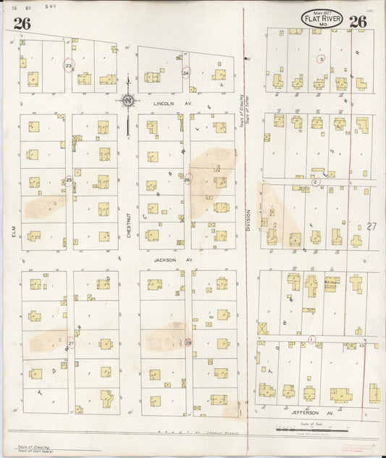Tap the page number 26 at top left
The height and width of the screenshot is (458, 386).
[22, 22]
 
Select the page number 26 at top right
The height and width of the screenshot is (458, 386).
[358, 22]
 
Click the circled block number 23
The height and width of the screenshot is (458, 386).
[68, 65]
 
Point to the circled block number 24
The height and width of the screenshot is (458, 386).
[186, 73]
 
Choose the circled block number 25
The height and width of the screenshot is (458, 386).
[69, 179]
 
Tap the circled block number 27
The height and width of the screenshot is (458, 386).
[70, 343]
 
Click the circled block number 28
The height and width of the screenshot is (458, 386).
[188, 343]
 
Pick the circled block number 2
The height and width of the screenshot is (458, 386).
[315, 181]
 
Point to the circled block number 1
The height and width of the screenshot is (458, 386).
[312, 339]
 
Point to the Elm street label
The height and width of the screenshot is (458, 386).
[13, 231]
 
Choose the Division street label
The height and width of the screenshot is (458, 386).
[248, 220]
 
